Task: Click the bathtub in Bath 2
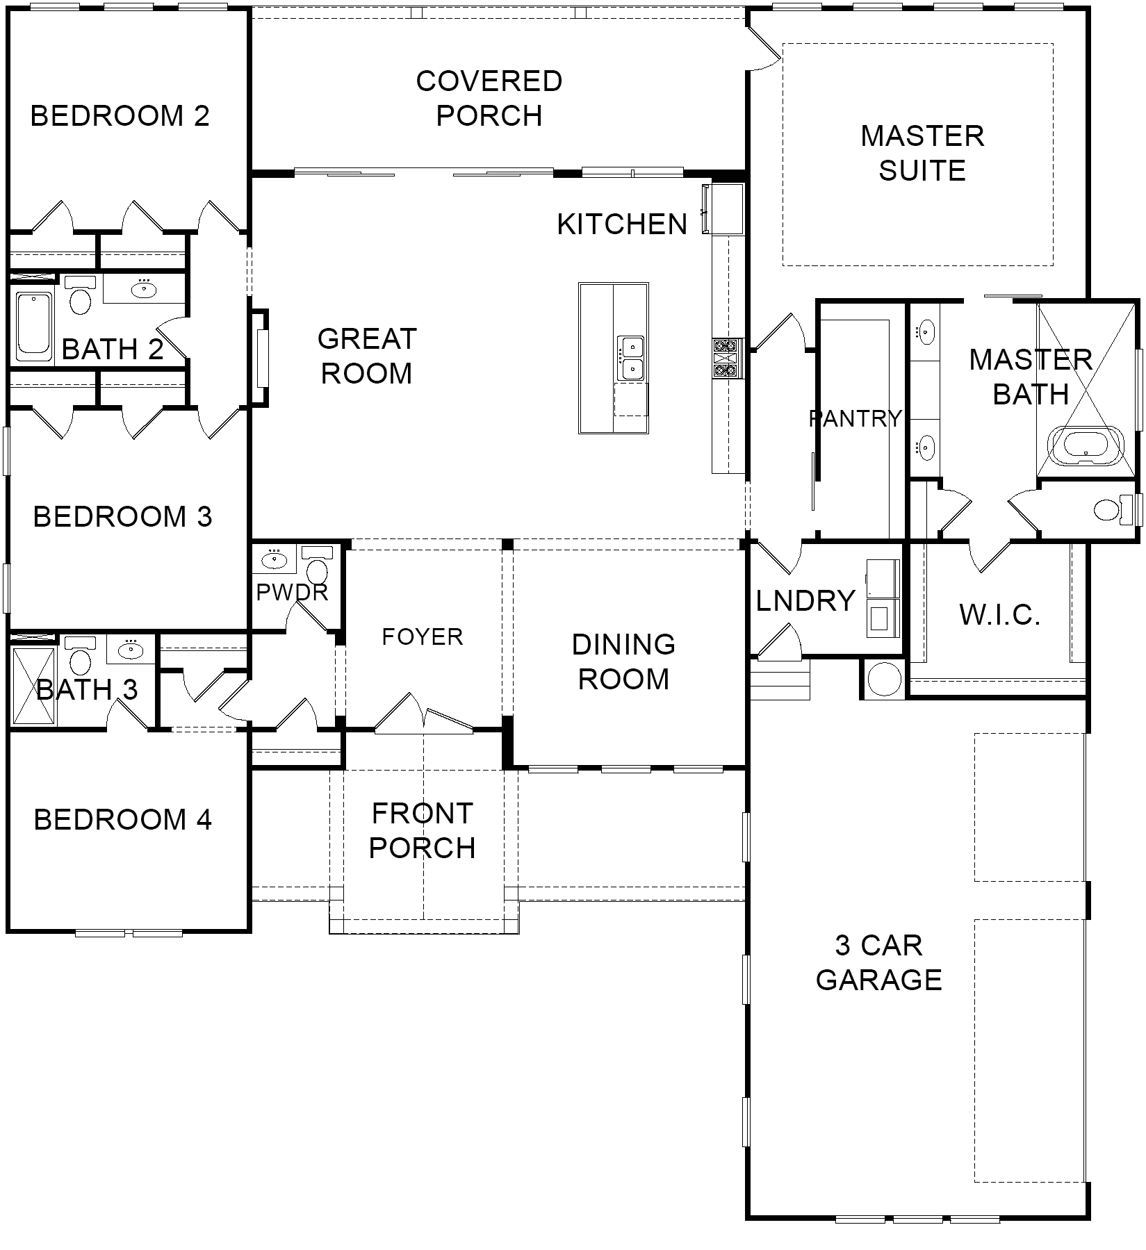pos(34,326)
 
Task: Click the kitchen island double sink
pos(632,358)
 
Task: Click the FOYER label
pos(423,636)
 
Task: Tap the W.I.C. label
pos(999,615)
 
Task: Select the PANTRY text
pos(855,418)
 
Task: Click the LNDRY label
pos(805,601)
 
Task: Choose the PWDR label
pos(292,593)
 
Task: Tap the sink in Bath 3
pos(131,650)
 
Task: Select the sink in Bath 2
pos(144,288)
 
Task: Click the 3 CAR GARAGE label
pos(879,962)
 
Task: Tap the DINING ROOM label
pos(623,661)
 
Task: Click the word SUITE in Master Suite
pos(922,171)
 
